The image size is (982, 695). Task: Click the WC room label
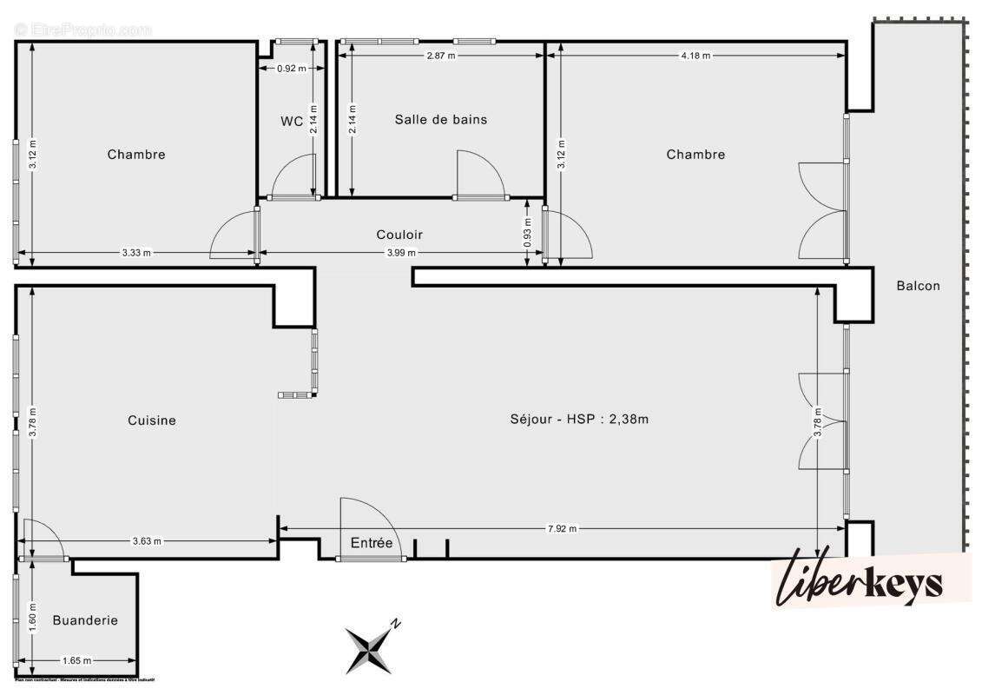tap(292, 122)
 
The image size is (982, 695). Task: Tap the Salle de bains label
tap(441, 119)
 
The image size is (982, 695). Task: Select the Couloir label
tap(399, 235)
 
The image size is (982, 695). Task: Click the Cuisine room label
tap(152, 420)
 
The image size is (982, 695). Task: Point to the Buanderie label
tap(85, 620)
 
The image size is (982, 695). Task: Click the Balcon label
tap(919, 285)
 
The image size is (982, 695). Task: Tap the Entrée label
tap(372, 544)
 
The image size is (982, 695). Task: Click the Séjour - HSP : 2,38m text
tap(580, 419)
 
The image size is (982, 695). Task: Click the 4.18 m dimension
tap(695, 56)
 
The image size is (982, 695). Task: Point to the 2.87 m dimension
tap(440, 56)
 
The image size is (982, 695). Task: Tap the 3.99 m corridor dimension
tap(401, 253)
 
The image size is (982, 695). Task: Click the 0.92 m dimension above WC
tap(292, 69)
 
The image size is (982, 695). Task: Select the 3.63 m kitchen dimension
tap(147, 541)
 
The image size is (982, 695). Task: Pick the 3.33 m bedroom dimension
tap(136, 253)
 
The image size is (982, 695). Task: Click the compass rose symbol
tap(371, 646)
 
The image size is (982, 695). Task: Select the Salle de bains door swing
tap(479, 174)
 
